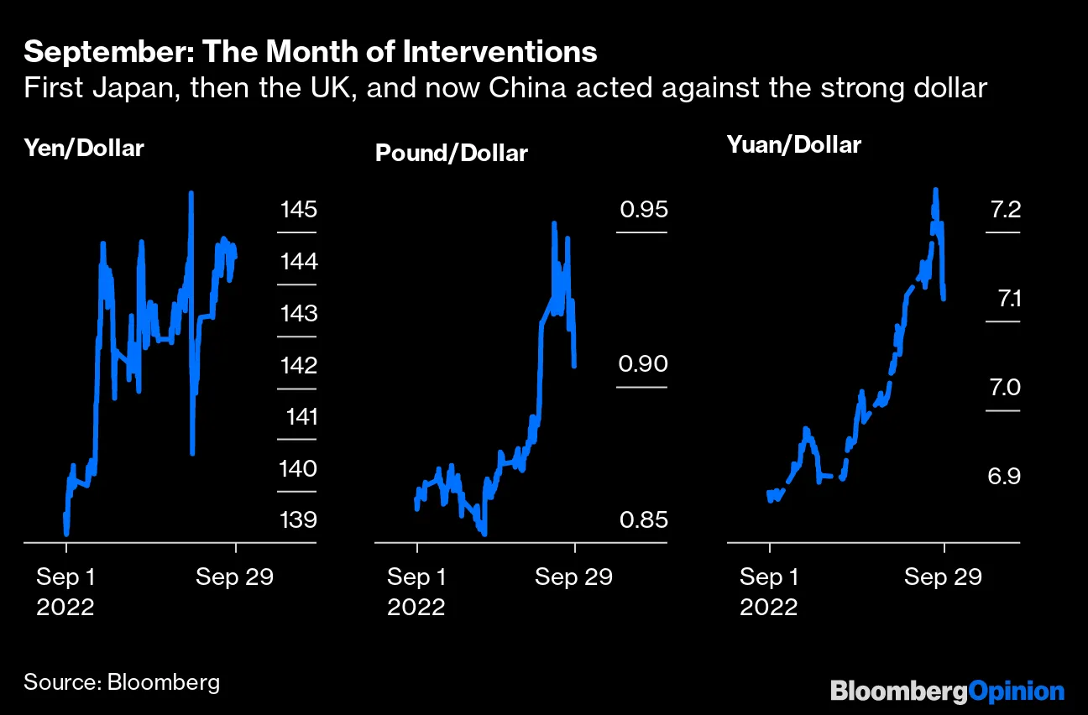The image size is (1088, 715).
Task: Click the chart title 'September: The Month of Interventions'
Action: coord(311,52)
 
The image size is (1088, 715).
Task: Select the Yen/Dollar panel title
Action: coord(84,149)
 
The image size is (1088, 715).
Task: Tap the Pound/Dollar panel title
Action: coord(451,154)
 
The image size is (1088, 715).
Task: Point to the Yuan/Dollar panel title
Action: coord(793,144)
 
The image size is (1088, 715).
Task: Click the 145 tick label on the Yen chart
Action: coord(299,209)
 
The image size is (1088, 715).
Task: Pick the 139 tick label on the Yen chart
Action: coord(299,519)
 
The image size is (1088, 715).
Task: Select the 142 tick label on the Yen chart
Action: coord(299,365)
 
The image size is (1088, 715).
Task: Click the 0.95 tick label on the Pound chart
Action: coord(643,209)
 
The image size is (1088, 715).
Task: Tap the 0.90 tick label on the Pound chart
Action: coord(643,364)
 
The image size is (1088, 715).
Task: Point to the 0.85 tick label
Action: coord(643,519)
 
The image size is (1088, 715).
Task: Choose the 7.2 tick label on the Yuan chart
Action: coord(1004,209)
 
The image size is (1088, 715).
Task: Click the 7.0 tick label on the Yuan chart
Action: coord(1004,388)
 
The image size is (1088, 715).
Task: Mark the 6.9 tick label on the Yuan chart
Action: coord(1004,477)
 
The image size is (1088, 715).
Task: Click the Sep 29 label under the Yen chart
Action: coord(235,577)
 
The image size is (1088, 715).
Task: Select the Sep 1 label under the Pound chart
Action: coord(416,577)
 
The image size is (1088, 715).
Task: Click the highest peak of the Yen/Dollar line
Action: coord(191,193)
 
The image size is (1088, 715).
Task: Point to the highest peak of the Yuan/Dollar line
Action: coord(935,190)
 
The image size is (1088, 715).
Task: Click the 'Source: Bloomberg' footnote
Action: coord(122,681)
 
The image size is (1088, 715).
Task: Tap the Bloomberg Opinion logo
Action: coord(947,692)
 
